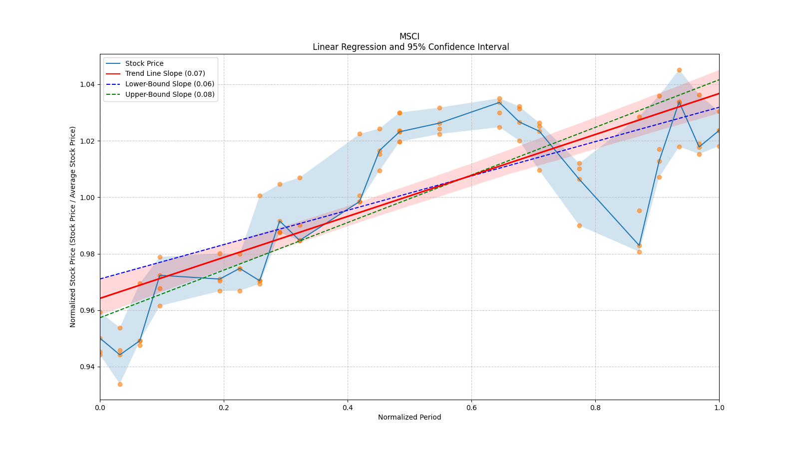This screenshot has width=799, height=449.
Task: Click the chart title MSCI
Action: tap(409, 36)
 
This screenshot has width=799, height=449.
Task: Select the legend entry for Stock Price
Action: tap(144, 63)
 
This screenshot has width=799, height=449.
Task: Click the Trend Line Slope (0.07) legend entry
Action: tap(165, 74)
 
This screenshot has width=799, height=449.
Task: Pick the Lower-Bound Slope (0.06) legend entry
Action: tap(169, 84)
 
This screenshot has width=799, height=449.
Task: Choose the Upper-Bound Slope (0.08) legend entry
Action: tap(170, 94)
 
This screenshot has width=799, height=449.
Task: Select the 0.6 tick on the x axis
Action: tap(471, 408)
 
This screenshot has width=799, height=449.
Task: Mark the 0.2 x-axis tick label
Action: tap(224, 408)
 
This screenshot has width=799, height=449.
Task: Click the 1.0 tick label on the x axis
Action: tap(719, 408)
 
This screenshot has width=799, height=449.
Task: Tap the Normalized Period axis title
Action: tap(409, 417)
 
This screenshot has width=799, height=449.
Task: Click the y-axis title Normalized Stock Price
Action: tap(73, 226)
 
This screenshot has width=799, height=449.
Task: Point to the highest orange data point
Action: tap(679, 70)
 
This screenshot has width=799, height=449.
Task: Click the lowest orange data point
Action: tap(120, 384)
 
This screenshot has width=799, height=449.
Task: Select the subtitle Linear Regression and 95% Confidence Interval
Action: tap(410, 47)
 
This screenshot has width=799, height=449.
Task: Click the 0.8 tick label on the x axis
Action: tap(595, 408)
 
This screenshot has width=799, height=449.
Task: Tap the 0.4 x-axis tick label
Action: tap(348, 408)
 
